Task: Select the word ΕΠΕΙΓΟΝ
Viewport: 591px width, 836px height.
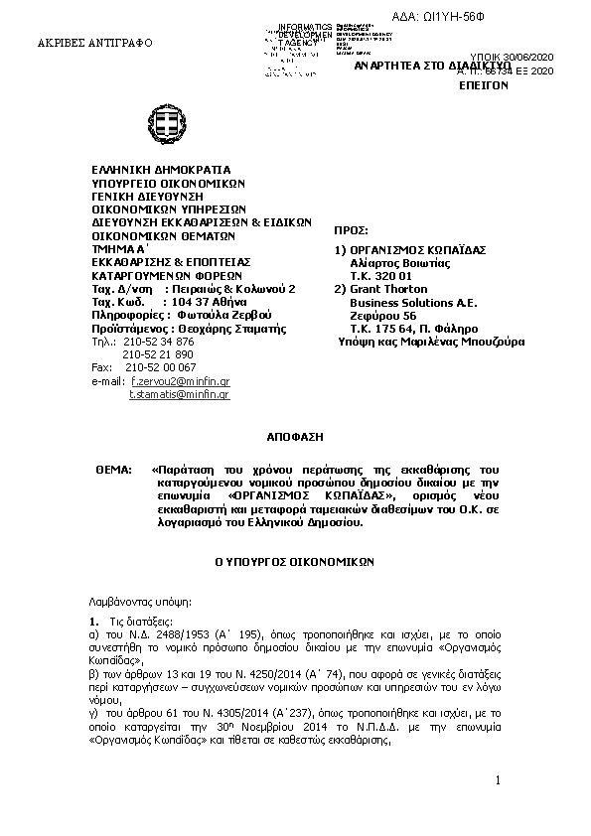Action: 484,86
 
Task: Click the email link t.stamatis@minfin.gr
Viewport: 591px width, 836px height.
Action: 180,395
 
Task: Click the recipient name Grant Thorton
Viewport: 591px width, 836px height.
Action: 391,289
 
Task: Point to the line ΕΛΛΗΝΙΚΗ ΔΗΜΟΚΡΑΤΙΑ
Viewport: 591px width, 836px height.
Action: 160,170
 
